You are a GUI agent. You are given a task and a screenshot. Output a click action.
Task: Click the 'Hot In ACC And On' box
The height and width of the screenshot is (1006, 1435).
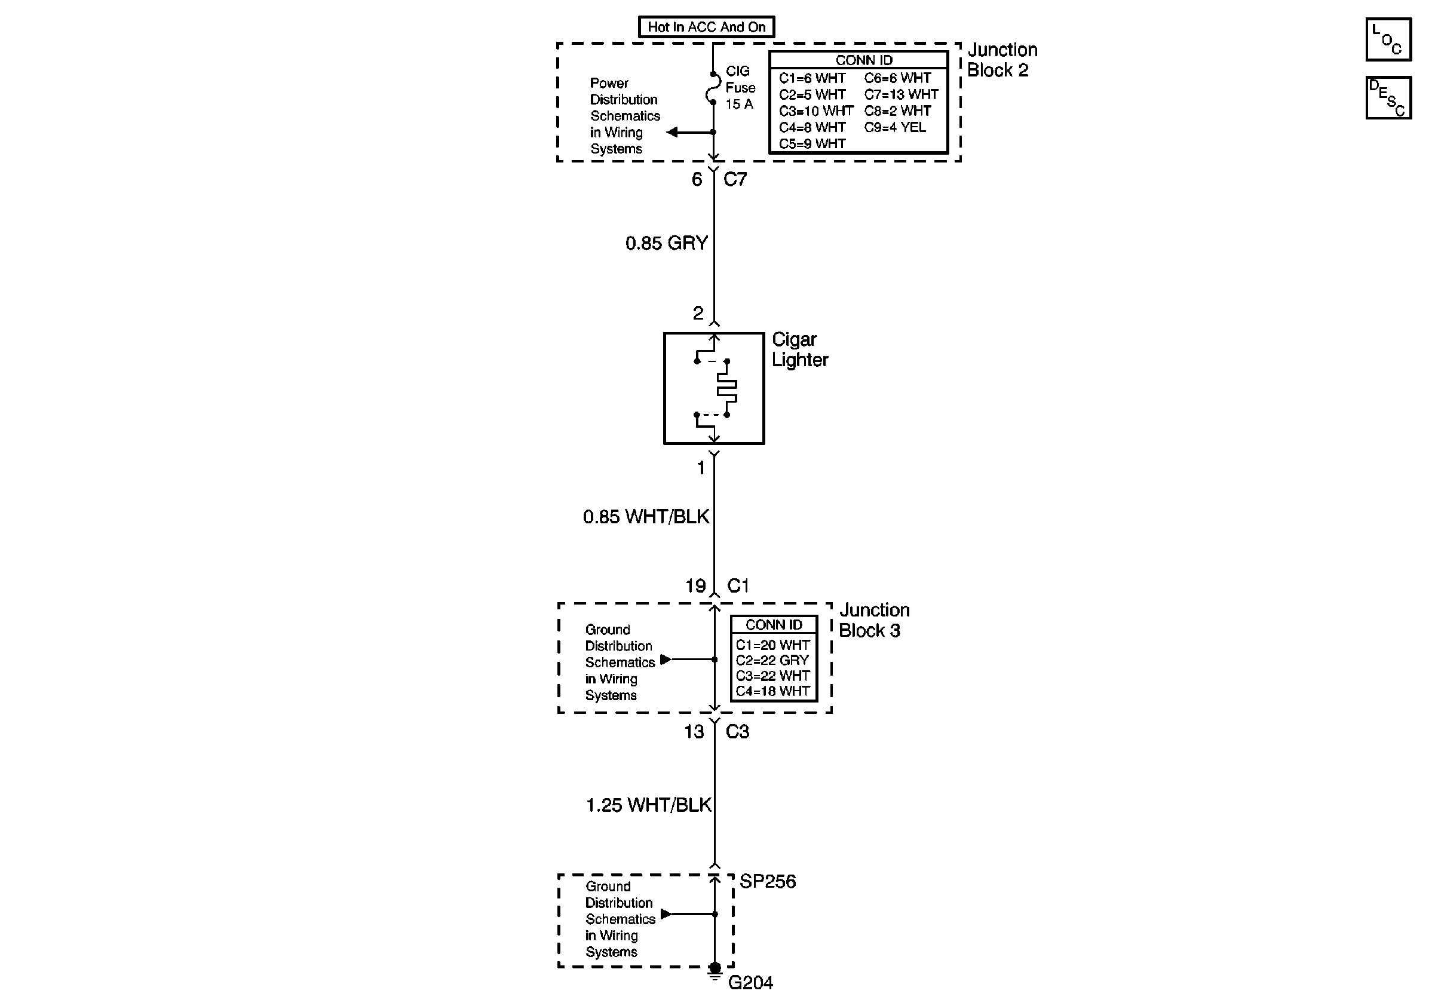coord(706,27)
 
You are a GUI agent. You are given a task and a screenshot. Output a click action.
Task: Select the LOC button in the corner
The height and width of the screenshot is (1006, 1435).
coord(1388,40)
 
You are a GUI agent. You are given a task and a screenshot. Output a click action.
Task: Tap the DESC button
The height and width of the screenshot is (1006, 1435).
coord(1388,97)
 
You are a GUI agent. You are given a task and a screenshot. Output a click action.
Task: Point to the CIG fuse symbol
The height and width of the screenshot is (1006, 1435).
coord(713,88)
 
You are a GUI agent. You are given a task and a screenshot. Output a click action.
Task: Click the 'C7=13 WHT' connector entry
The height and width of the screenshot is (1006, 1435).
coord(901,94)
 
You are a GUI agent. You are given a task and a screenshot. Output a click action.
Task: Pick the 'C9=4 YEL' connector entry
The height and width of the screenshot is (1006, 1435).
coord(894,127)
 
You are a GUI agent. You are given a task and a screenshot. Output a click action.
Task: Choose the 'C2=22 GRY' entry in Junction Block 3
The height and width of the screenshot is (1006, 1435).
coord(772,660)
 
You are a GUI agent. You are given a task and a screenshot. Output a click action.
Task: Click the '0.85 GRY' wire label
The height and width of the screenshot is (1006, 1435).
coord(666,243)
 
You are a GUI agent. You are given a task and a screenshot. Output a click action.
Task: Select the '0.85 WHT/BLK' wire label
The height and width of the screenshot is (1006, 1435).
coord(646,517)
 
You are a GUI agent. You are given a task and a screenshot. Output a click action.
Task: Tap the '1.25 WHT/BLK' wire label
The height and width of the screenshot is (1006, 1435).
coord(648,805)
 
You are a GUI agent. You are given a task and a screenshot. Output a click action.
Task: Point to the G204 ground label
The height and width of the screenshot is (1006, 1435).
coord(750,983)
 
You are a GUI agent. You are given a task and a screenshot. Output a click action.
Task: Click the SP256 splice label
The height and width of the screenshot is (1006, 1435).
coord(768,882)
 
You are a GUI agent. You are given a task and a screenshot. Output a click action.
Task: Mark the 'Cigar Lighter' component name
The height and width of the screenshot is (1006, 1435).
coord(799,349)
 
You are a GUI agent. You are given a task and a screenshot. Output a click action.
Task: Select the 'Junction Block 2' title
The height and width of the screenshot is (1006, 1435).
coord(1001,60)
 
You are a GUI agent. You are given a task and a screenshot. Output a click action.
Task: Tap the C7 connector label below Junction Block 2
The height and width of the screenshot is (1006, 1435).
coord(735,179)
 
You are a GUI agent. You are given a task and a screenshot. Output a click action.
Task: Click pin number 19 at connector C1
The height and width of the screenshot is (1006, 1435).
coord(695,586)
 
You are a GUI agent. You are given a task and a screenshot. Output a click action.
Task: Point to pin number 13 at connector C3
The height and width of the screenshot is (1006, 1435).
coord(694,732)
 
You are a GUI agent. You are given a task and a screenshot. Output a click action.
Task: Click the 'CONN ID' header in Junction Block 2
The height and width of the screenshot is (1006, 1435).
coord(864,60)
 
